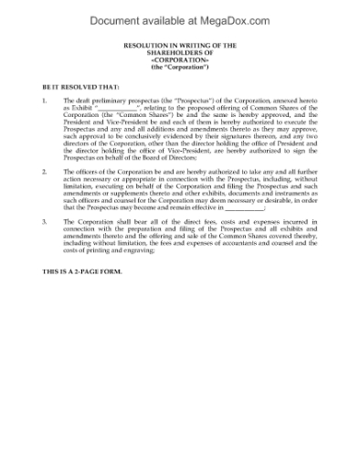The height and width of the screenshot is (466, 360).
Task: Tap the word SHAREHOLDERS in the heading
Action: [x=181, y=52]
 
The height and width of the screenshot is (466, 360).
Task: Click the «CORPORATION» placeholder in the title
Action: [x=181, y=59]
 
